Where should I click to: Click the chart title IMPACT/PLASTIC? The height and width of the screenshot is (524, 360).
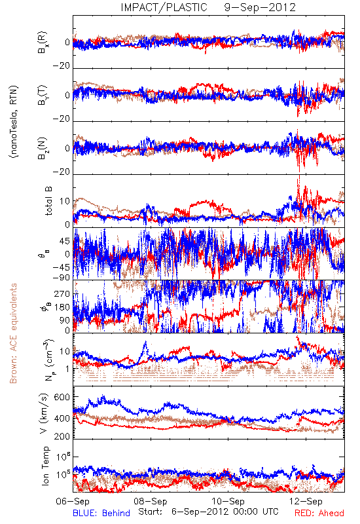164,7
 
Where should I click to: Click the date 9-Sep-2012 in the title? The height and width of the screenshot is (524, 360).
260,7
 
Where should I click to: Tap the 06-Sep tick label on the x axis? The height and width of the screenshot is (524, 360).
73,501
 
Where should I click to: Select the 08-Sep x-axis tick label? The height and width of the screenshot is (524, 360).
151,501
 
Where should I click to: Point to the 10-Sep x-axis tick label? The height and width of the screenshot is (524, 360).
228,501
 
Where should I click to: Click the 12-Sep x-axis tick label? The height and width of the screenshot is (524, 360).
306,501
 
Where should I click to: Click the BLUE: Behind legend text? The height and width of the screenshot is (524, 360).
101,513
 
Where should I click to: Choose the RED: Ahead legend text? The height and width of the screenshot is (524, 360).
319,513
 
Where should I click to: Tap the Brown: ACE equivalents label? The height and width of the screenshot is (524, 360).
13,333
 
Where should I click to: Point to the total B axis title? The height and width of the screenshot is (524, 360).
48,201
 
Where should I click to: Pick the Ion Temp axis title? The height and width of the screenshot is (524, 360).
45,466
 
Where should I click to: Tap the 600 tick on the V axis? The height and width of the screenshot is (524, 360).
62,398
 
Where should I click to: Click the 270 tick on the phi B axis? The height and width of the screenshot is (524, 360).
62,293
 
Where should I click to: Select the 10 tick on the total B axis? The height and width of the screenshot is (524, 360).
65,201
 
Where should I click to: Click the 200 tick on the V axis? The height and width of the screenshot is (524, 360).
62,436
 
